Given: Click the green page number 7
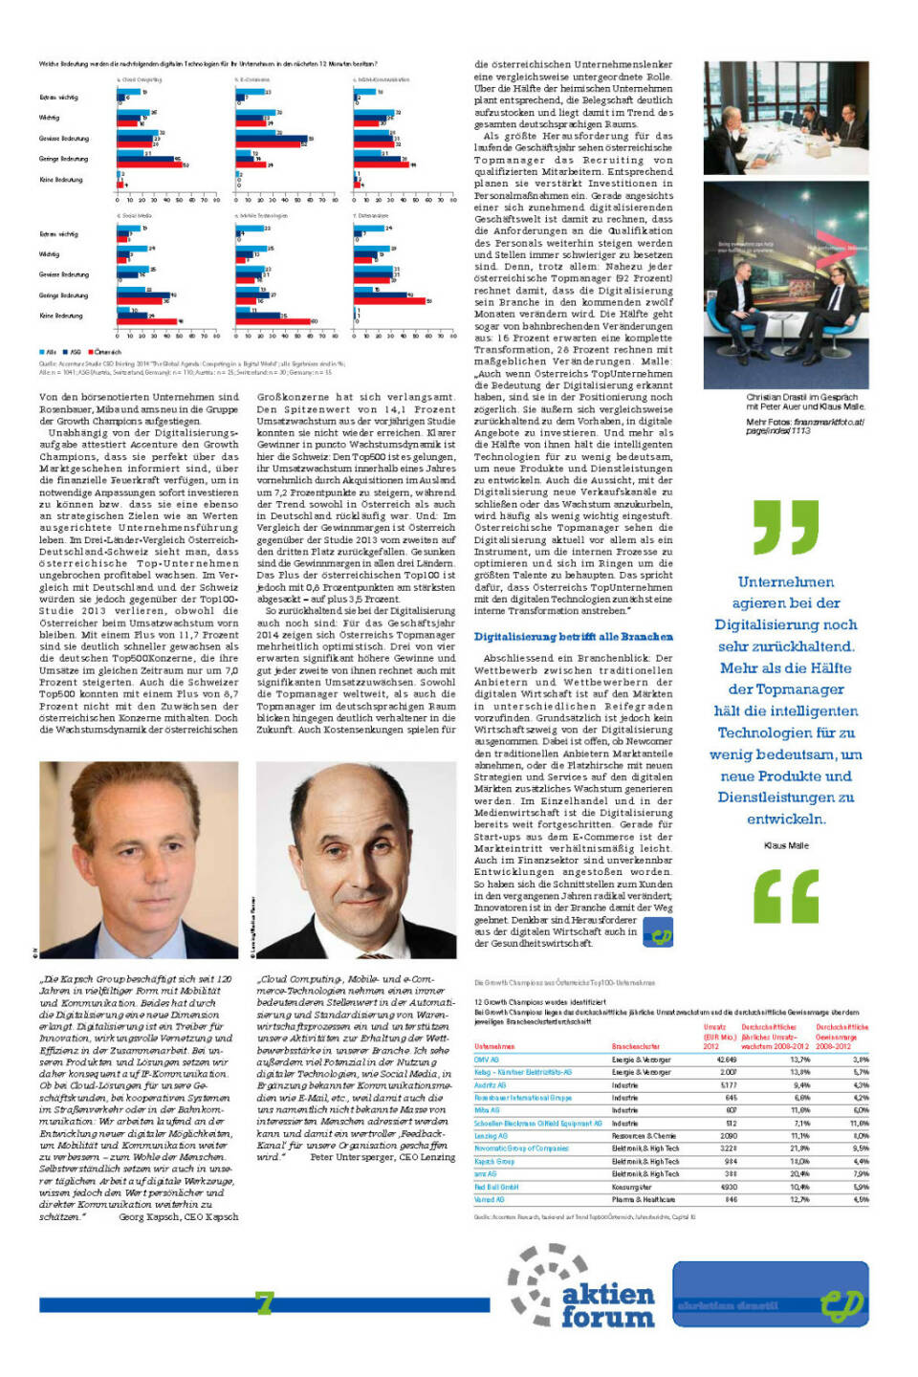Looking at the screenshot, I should pos(264,1302).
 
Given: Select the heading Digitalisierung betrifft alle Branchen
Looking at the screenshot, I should pos(573,637).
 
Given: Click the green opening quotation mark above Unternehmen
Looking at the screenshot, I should pos(785,526).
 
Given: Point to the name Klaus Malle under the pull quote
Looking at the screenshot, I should pos(786,845).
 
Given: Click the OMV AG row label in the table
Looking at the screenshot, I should pos(487,1060).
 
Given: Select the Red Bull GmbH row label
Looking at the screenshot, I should pos(495,1187).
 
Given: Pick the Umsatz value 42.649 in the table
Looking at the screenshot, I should pos(727,1060).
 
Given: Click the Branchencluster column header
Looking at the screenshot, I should pos(636,1046).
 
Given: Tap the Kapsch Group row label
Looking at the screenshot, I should pos(494,1161).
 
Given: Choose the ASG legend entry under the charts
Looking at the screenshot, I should pos(74,353).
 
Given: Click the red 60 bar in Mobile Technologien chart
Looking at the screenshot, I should pos(273,321).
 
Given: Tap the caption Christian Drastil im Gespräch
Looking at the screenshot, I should pos(801,397).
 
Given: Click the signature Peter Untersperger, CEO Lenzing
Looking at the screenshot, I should pos(382,1156).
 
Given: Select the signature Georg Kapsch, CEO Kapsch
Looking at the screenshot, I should pos(178,1216).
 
